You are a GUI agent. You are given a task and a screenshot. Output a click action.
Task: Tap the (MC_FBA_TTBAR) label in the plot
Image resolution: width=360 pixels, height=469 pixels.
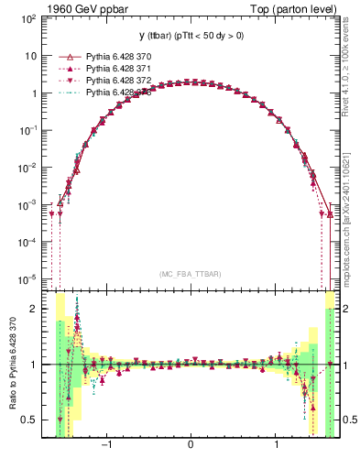click(190, 274)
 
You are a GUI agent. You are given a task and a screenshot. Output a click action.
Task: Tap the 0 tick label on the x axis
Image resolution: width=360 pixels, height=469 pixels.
click(190, 448)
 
